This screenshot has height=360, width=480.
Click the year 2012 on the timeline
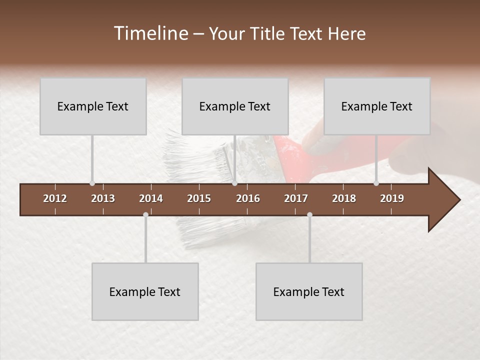55,198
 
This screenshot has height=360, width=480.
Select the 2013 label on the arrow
103,198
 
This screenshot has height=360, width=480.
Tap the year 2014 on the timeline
151,198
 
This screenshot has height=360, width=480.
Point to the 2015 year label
199,198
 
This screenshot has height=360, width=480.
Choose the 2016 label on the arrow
248,198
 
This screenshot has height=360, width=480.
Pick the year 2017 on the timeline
296,198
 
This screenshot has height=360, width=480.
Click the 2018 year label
344,198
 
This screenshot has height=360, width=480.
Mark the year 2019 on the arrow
392,198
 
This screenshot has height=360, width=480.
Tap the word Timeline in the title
150,33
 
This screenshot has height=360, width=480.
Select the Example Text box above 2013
93,106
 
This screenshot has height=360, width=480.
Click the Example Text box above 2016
235,106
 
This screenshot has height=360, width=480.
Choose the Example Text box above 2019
377,106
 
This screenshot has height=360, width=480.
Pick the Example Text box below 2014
145,291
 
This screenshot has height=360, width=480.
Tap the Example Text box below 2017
309,291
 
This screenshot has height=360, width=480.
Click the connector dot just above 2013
92,183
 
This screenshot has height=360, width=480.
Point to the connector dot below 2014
145,215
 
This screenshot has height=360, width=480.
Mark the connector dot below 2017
309,215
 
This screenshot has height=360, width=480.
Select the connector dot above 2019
376,183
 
